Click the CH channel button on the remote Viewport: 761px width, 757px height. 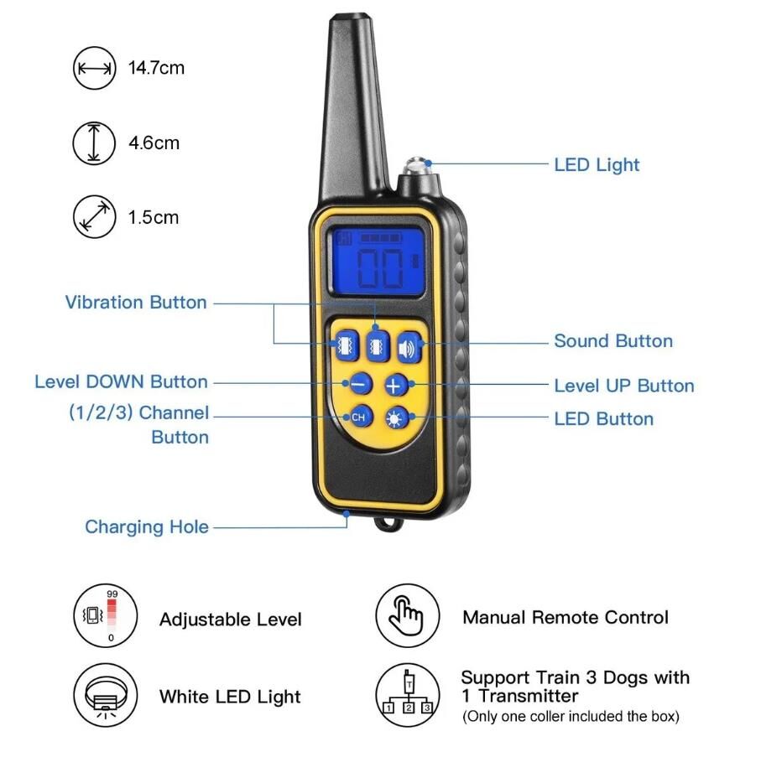[361, 417]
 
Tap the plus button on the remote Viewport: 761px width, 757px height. [396, 385]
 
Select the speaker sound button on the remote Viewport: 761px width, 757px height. [409, 347]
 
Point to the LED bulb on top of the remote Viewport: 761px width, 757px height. [417, 166]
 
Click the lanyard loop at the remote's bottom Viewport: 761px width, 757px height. [388, 524]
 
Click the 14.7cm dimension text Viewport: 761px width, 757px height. [156, 68]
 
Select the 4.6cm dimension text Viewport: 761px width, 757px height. [154, 143]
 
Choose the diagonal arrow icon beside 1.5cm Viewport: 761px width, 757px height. [94, 217]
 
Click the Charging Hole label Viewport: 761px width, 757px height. [147, 526]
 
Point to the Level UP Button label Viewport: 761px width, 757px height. [624, 386]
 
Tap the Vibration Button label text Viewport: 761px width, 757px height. [136, 302]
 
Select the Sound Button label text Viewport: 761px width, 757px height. [613, 341]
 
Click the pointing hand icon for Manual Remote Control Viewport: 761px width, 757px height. [407, 616]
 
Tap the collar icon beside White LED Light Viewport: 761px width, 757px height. [105, 696]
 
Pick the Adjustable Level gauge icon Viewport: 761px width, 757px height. [105, 616]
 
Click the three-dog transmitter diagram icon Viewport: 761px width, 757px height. [407, 696]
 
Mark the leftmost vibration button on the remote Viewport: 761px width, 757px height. [347, 345]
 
